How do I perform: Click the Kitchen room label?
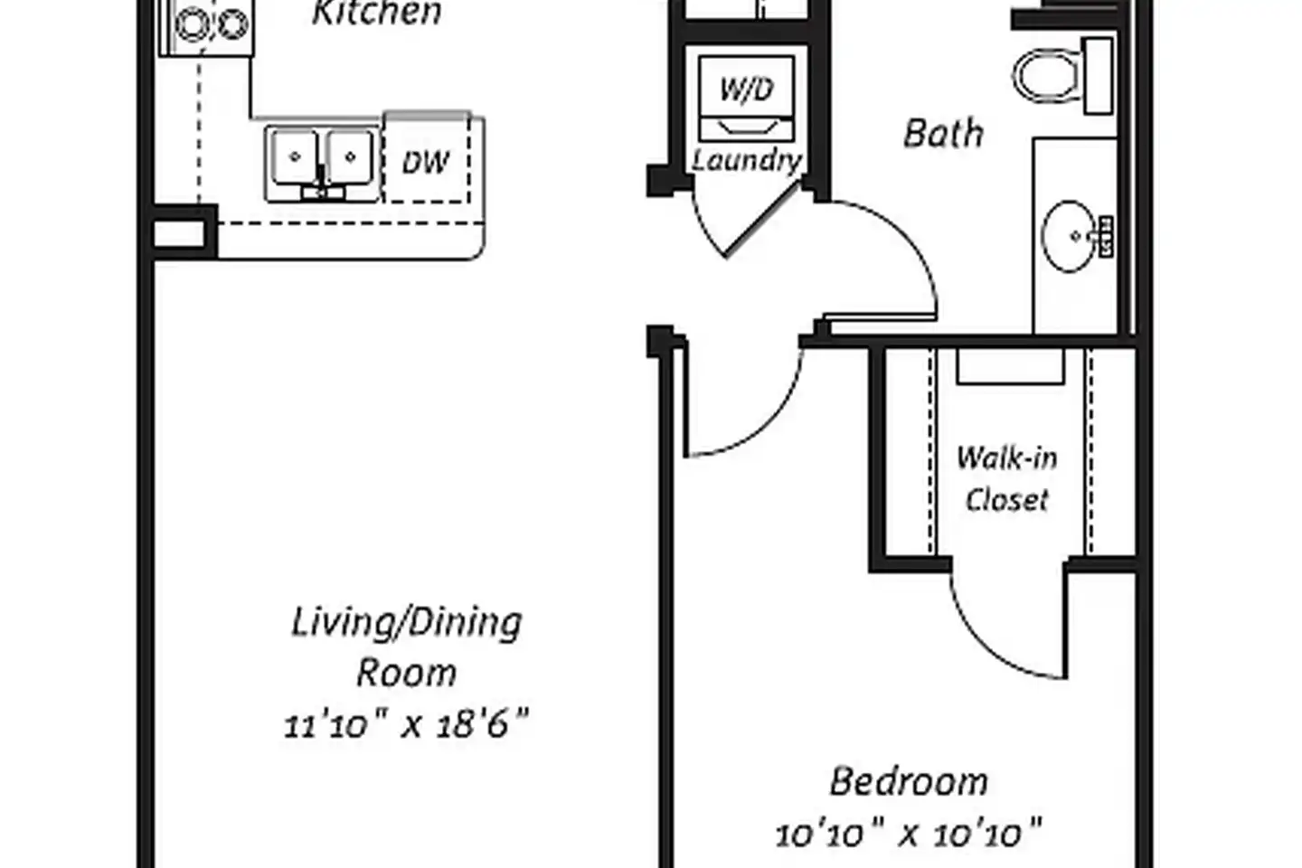pos(377,13)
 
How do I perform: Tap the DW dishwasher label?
pos(426,162)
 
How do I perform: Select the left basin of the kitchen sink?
pos(296,157)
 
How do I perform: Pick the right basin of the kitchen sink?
pos(349,157)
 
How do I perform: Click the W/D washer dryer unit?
pos(746,99)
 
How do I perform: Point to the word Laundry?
pos(747,160)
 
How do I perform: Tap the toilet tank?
pos(1098,76)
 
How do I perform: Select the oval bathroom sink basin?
pos(1070,236)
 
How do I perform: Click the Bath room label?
pos(943,133)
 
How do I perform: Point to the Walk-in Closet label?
pos(1006,478)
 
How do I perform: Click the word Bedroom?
pos(909,781)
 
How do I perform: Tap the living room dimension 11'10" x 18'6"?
pos(406,724)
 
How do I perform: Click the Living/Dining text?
pos(406,623)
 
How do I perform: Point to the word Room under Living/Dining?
pos(406,674)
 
